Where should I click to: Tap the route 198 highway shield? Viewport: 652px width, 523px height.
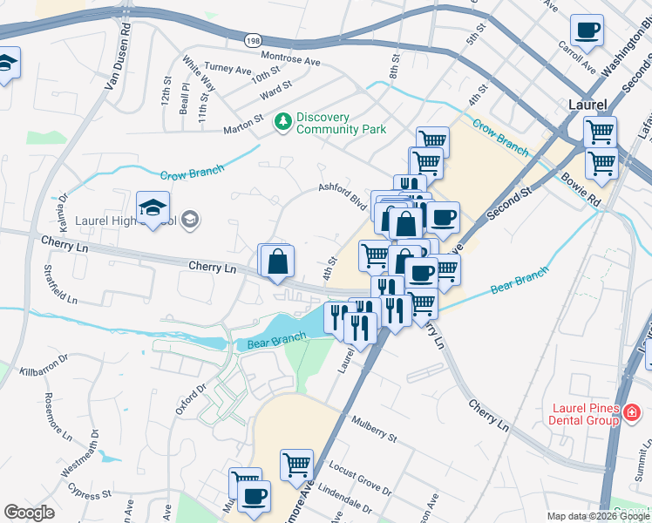pos(253,40)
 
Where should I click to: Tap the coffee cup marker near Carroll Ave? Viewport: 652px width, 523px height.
pos(587,32)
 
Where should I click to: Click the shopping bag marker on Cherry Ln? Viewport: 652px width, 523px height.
pos(277,261)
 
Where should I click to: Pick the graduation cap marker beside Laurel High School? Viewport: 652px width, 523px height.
pos(153,209)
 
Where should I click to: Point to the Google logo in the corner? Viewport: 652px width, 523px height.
pos(29,513)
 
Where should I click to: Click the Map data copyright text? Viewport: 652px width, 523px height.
pos(598,516)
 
